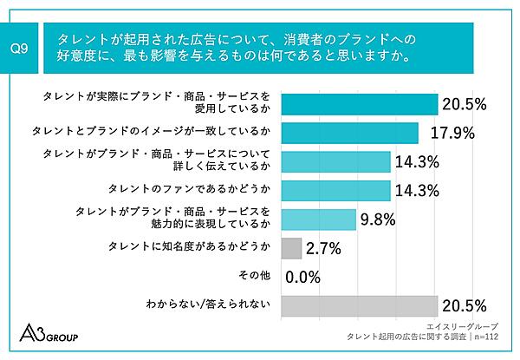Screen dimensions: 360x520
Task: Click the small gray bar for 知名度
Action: pos(292,248)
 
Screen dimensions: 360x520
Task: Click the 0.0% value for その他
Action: pos(303,278)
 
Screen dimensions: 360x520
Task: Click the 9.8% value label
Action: pos(379,219)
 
